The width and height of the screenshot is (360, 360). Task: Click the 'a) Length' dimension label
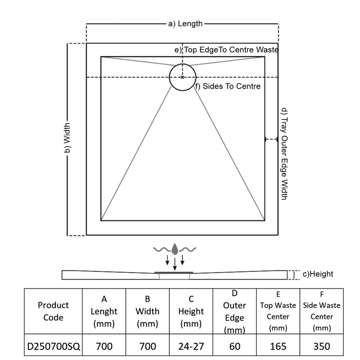[x=185, y=23]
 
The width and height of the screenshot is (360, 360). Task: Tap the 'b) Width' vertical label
[x=67, y=139]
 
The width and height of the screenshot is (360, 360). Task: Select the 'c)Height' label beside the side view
[x=317, y=274]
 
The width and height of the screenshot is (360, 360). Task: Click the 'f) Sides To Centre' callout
[x=228, y=86]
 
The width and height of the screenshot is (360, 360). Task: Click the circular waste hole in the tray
[x=182, y=77]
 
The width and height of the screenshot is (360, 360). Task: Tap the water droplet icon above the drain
[x=175, y=249]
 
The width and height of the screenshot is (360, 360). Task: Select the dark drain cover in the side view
[x=174, y=272]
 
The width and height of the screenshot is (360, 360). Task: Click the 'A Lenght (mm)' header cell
[x=104, y=311]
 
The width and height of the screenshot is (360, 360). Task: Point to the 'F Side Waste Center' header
[x=322, y=311]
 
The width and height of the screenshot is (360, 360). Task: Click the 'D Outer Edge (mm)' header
[x=234, y=311]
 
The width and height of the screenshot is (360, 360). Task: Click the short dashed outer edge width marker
[x=271, y=139]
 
